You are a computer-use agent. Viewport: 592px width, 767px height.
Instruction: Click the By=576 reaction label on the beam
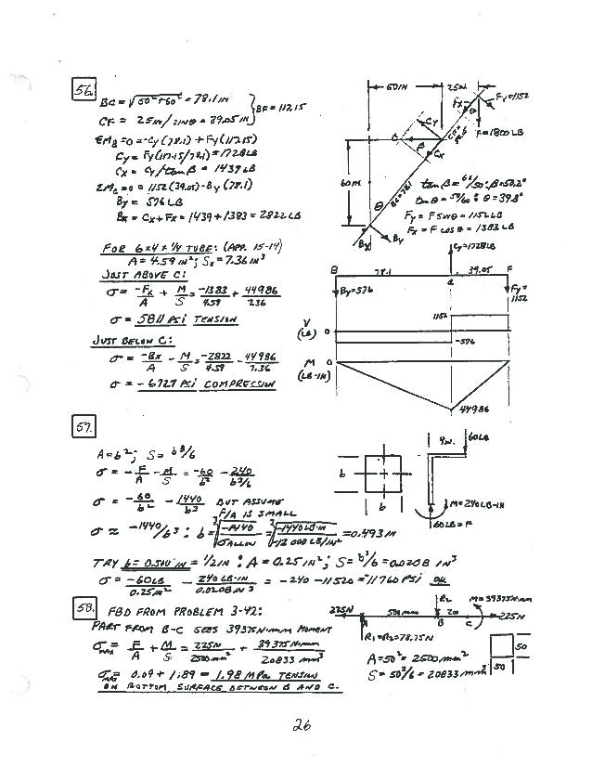352,291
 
